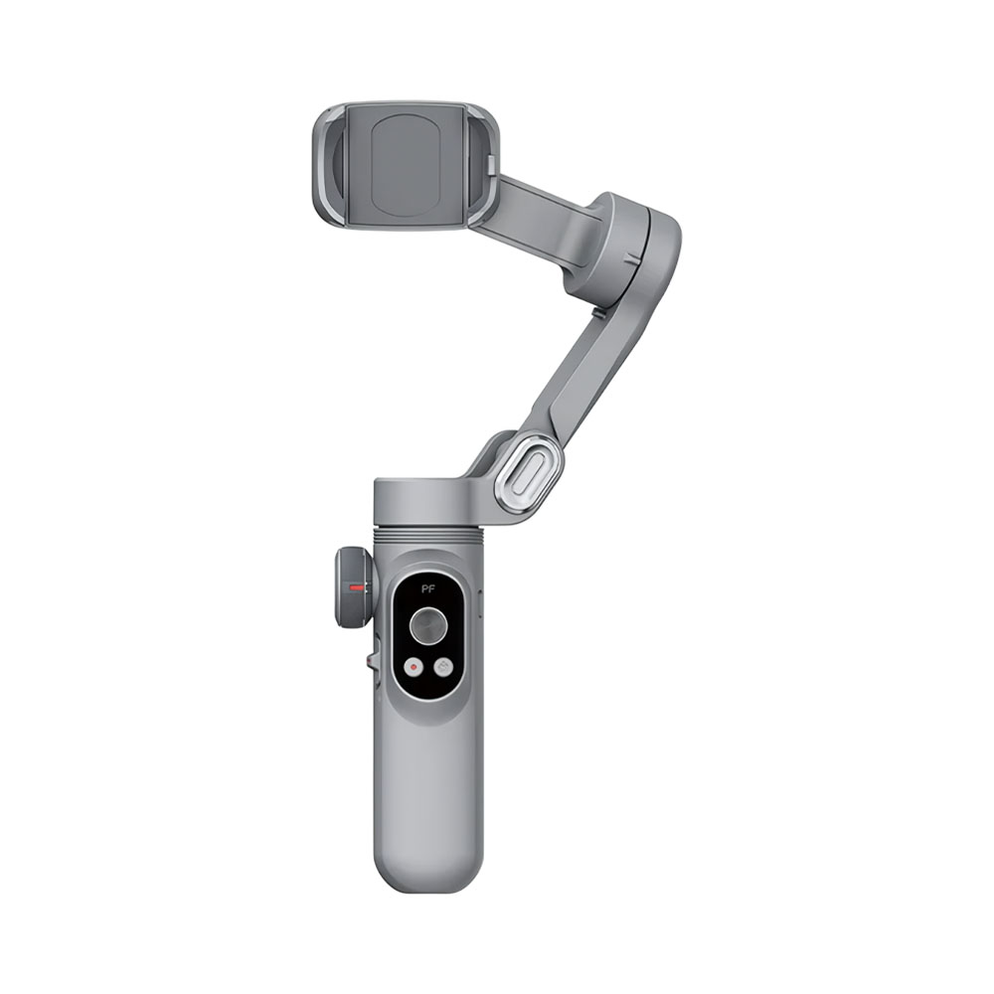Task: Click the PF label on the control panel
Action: click(428, 588)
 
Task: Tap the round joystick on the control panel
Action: click(429, 625)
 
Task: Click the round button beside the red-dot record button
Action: click(443, 667)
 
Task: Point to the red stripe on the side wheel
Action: click(357, 587)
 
